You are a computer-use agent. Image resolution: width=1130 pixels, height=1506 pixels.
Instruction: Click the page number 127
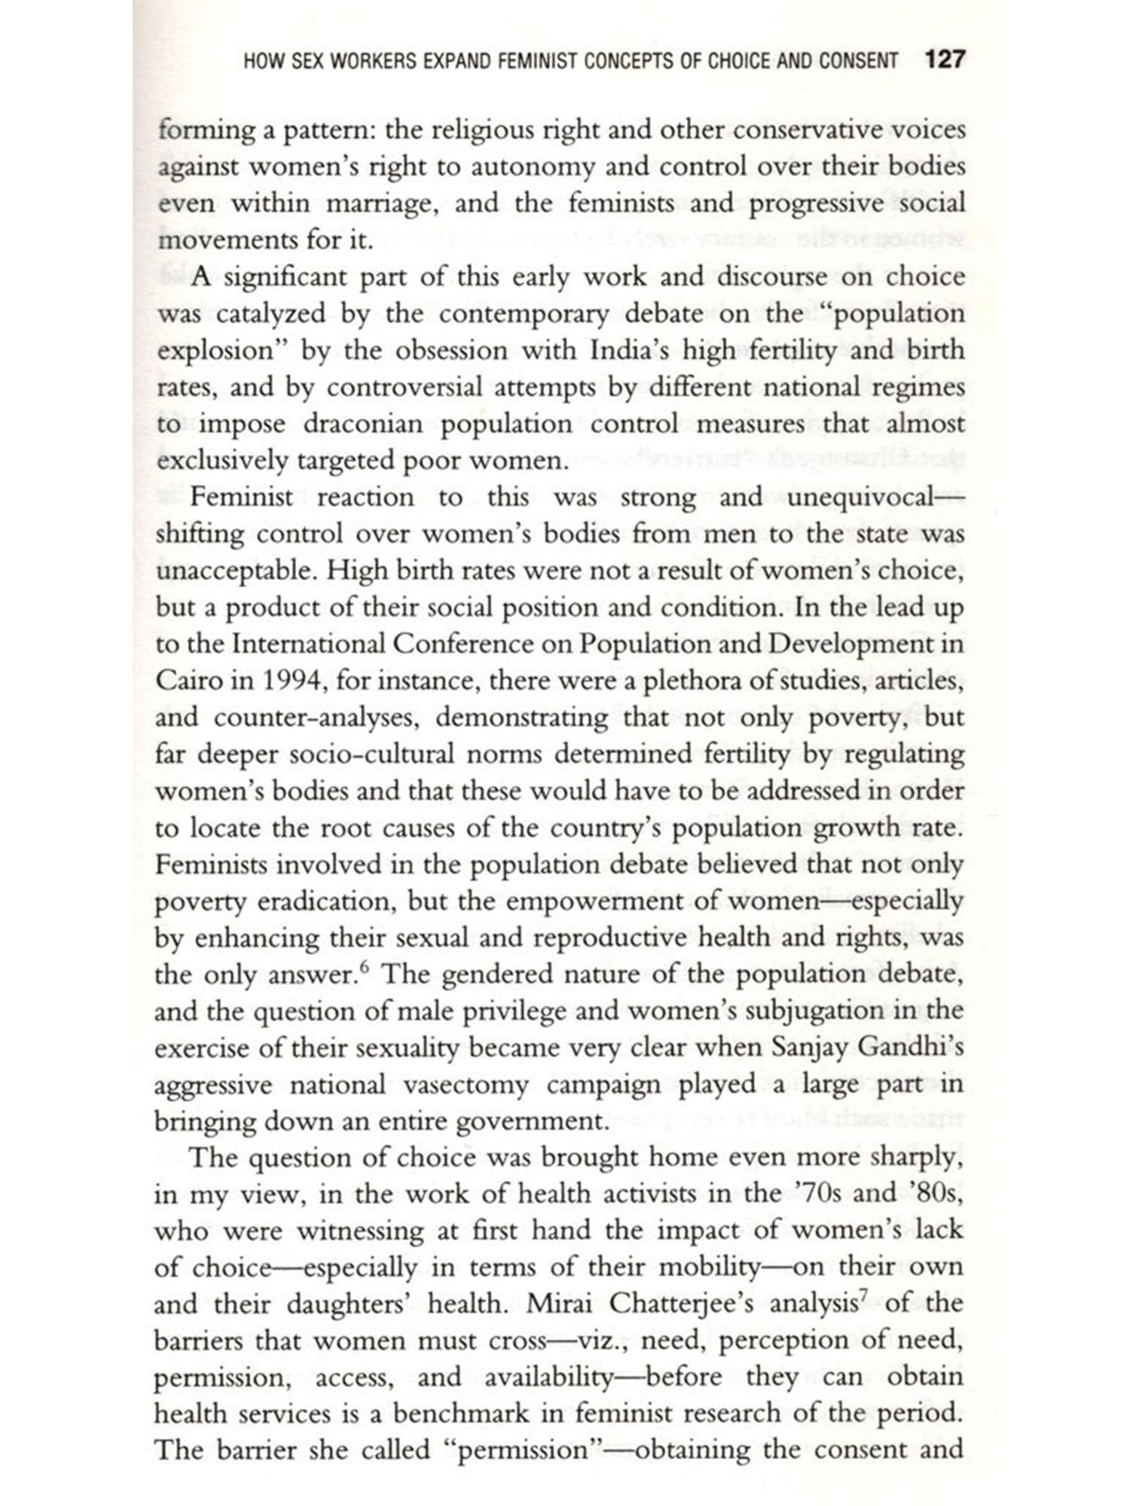945,59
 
